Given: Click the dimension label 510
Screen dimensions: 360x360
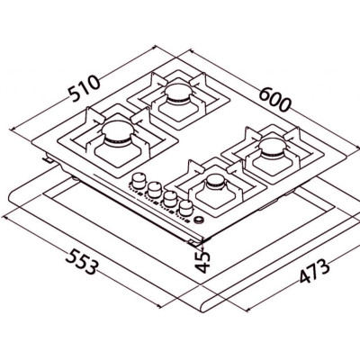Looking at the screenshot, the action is [x=85, y=88].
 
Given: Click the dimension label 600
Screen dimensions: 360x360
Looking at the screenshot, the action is [x=274, y=99].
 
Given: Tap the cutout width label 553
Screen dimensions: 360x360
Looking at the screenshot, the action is [x=81, y=263].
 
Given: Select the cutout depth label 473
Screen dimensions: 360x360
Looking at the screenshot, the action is [x=314, y=271].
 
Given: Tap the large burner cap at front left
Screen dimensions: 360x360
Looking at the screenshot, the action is [x=118, y=131].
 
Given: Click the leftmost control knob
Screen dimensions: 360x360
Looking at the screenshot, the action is [x=139, y=180].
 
